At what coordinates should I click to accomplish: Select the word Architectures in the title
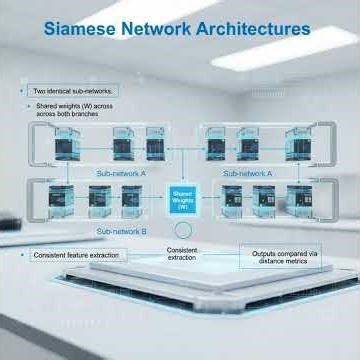(x=255, y=28)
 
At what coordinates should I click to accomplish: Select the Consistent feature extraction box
(x=75, y=256)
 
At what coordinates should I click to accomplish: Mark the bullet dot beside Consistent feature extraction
(x=22, y=256)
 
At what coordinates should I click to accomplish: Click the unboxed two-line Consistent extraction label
(x=182, y=254)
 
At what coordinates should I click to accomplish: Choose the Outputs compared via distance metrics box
(x=280, y=257)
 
